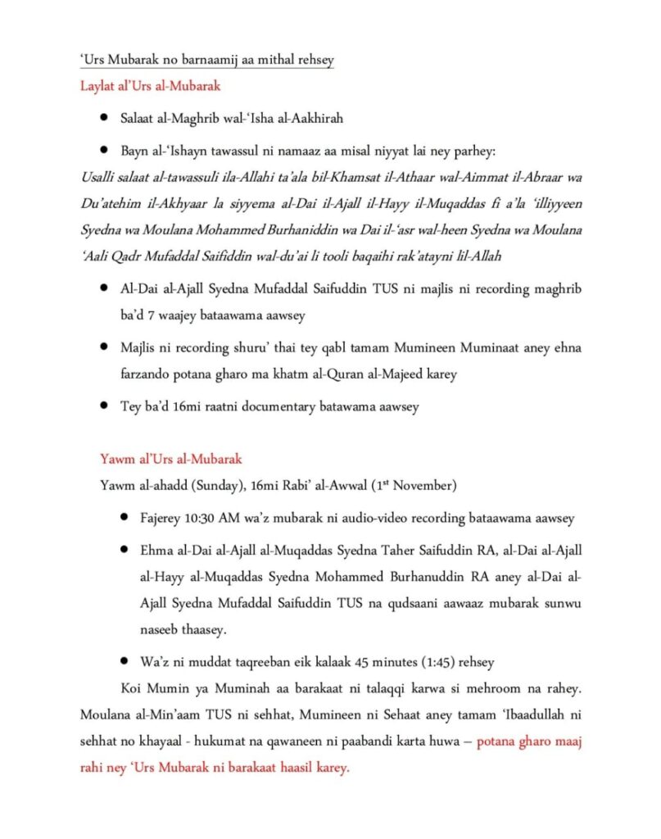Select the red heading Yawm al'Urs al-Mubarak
tap(170, 460)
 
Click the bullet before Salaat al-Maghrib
tap(104, 119)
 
